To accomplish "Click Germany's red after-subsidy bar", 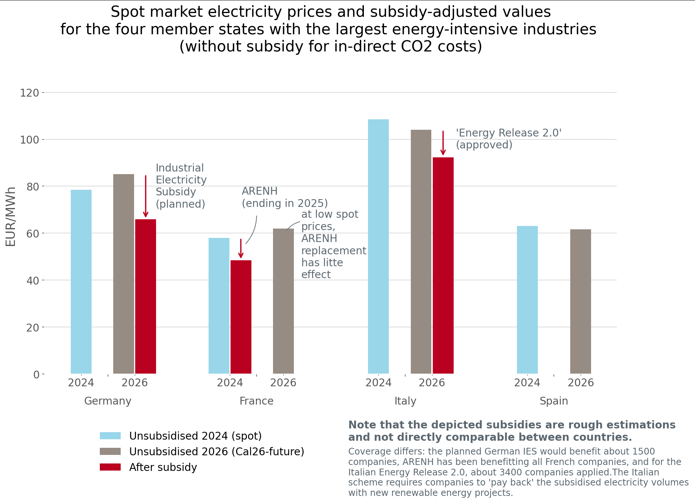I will point(146,296).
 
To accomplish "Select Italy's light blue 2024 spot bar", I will point(378,246).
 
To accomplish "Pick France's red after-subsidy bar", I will point(241,317).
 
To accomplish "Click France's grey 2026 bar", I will point(283,301).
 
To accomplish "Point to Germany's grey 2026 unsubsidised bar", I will point(124,274).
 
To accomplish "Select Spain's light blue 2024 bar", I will point(527,300).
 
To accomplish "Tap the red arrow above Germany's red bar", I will point(146,196).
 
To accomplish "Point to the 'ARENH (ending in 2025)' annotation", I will point(285,197).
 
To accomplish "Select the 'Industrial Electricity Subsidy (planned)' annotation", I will point(181,186).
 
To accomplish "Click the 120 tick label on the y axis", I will point(29,93).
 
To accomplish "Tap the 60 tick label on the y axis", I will point(33,234).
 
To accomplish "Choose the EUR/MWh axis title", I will point(11,216).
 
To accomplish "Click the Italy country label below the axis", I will point(405,401).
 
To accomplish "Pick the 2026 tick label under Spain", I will point(581,383).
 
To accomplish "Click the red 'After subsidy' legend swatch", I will point(110,467).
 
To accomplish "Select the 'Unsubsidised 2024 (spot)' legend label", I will point(195,436).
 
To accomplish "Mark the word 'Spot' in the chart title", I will point(126,12).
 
